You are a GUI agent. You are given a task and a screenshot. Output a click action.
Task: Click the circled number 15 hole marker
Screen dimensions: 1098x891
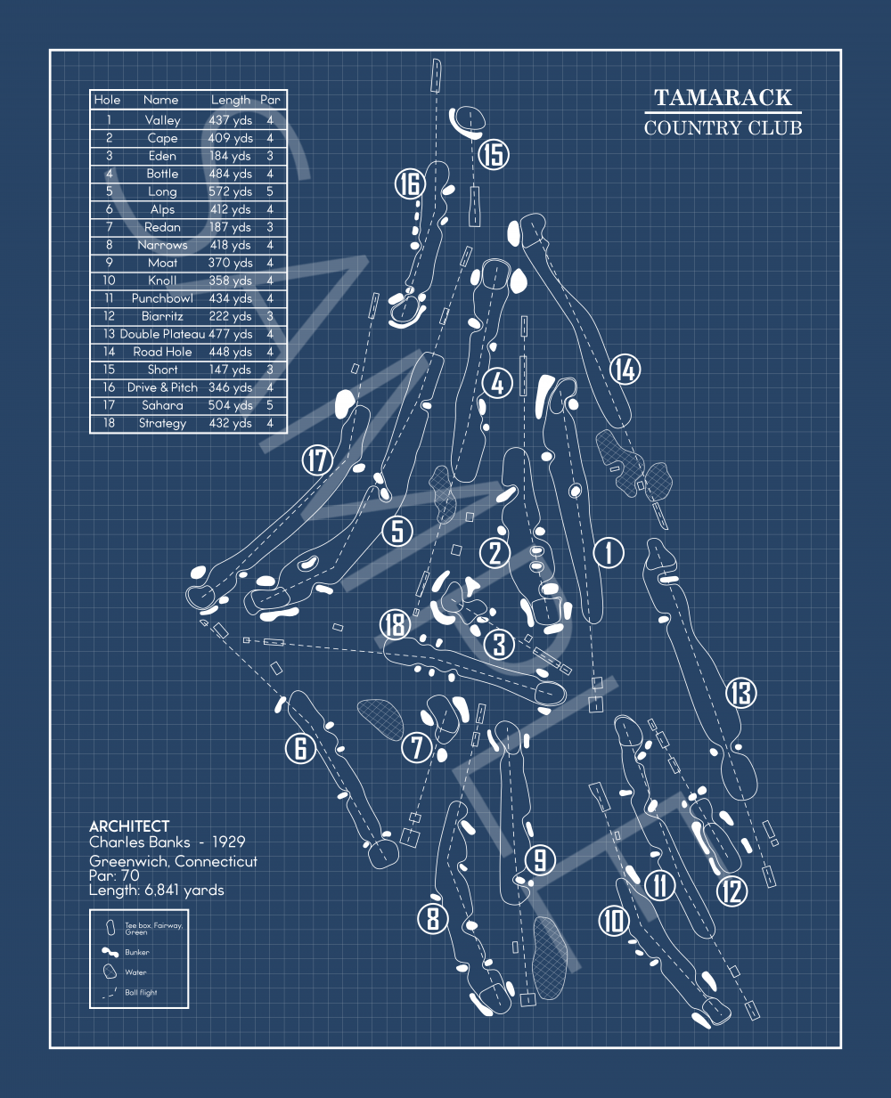493,154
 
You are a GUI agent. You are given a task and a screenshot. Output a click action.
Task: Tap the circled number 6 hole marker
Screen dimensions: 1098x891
300,748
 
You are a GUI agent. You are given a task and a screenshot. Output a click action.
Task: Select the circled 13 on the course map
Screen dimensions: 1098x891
741,693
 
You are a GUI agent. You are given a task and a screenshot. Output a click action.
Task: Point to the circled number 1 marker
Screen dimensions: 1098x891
609,552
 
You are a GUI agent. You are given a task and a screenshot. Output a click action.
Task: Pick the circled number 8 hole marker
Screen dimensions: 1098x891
433,917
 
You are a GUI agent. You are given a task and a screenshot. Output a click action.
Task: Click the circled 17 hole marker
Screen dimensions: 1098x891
317,460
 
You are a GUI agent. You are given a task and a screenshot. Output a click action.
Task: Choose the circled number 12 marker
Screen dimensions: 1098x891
732,890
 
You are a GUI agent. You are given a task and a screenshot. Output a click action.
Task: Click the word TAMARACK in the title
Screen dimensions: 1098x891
723,98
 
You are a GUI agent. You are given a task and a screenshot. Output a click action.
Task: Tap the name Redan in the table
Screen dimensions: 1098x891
162,227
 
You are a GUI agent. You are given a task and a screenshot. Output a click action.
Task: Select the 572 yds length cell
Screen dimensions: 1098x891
231,191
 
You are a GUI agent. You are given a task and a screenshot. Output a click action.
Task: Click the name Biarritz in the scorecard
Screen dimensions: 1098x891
162,316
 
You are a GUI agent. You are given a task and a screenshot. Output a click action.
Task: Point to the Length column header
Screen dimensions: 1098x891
231,101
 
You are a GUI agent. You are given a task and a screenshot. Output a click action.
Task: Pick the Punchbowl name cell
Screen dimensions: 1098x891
162,298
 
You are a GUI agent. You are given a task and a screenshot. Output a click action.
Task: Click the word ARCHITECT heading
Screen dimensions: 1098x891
129,826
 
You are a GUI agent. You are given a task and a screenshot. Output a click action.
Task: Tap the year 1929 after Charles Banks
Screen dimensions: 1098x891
228,842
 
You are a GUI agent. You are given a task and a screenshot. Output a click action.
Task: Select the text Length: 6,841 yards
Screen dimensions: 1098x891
157,890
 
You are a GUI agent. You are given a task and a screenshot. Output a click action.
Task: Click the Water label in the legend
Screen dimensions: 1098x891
135,972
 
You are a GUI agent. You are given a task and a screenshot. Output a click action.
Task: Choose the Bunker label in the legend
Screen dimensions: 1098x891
137,952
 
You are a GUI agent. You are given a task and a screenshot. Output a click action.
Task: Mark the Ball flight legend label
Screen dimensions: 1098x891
141,992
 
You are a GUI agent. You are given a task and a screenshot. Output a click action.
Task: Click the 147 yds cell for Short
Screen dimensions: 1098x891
231,370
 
